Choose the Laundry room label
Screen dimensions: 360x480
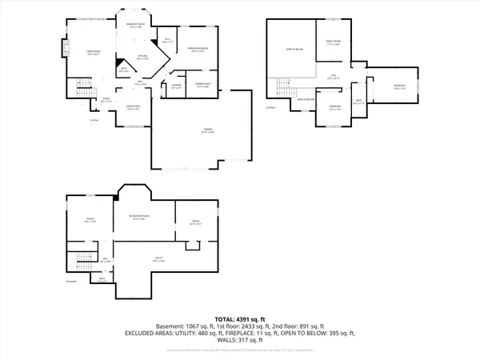point(177,86)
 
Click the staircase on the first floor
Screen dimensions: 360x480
point(81,87)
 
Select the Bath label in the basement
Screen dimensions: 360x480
point(102,279)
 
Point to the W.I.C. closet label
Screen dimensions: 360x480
point(167,39)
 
